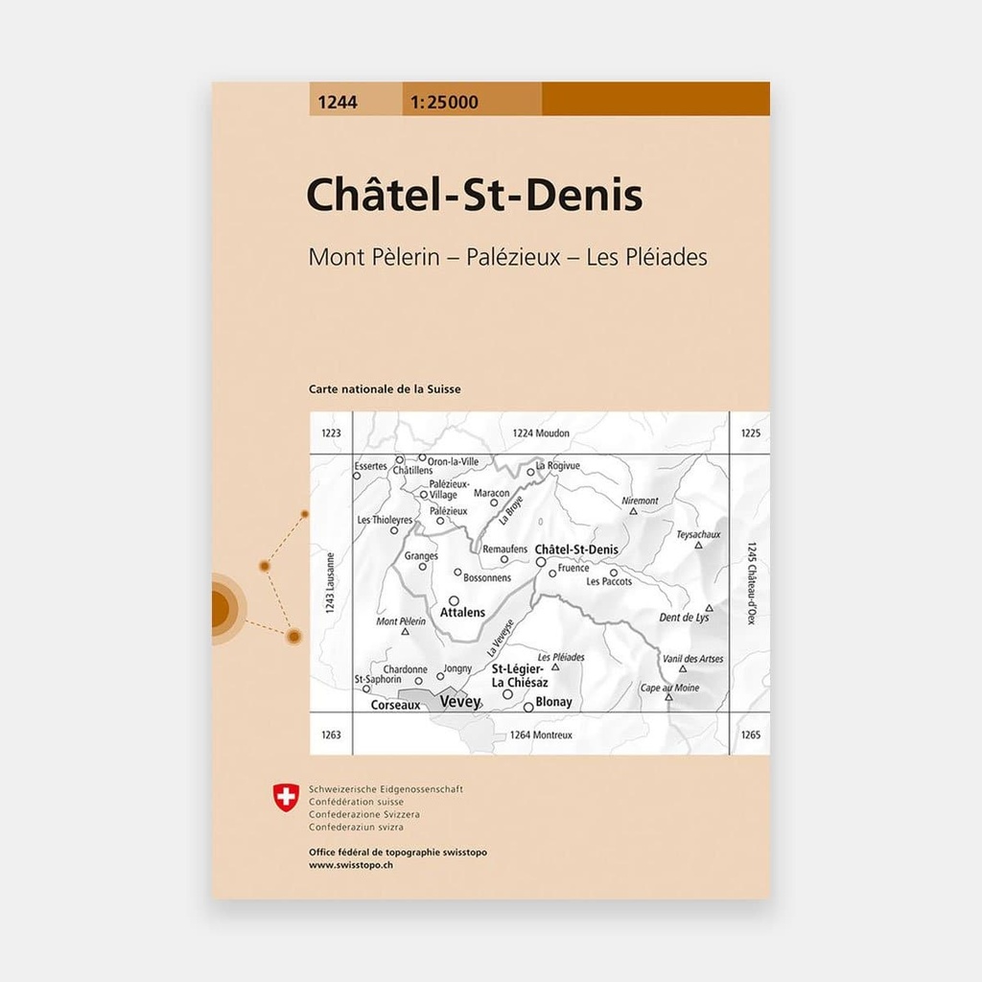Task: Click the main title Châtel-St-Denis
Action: [x=474, y=196]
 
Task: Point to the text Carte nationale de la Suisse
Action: [x=385, y=389]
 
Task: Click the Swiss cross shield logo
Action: [x=286, y=795]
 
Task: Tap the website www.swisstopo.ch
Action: [x=350, y=865]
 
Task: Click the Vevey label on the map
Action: [x=458, y=702]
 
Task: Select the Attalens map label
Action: [x=462, y=612]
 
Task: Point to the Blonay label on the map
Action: [x=554, y=702]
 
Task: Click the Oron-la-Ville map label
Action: [x=453, y=461]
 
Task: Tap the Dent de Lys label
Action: [x=685, y=618]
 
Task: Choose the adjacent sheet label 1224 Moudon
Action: [x=541, y=433]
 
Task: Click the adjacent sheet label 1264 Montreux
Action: [x=541, y=735]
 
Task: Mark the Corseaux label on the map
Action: [x=395, y=704]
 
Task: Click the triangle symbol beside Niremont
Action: [x=634, y=512]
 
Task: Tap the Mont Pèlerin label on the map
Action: [x=401, y=621]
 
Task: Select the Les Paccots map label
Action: [x=609, y=581]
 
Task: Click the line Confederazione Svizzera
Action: [x=363, y=813]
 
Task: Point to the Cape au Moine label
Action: [x=669, y=688]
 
